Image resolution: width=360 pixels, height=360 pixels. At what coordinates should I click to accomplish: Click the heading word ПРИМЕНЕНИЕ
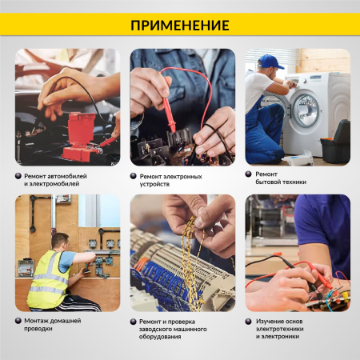179,25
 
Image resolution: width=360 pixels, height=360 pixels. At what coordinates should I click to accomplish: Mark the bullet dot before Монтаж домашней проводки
18,321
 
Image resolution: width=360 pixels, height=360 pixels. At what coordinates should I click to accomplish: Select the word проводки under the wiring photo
38,330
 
